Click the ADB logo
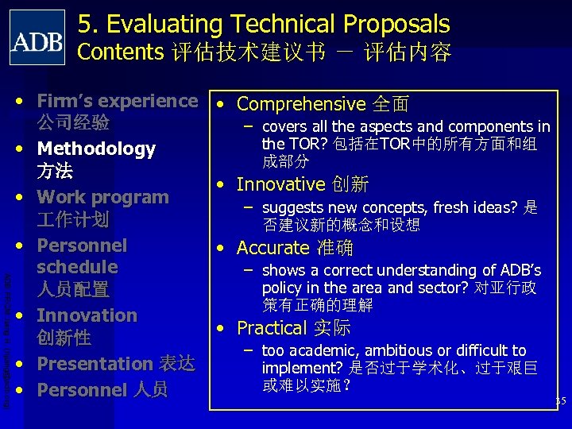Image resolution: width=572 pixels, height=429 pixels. click(x=37, y=37)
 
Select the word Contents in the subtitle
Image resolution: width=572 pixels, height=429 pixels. click(x=120, y=52)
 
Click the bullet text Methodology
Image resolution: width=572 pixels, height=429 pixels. click(x=96, y=149)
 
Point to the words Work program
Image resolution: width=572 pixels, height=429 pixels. click(x=103, y=197)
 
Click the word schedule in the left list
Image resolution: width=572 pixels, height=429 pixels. click(x=77, y=267)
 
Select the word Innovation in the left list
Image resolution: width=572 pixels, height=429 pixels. click(x=87, y=315)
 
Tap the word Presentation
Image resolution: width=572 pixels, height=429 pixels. click(x=95, y=364)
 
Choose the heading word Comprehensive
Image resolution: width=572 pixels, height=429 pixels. click(x=300, y=104)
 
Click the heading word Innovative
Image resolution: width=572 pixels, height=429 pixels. click(x=281, y=184)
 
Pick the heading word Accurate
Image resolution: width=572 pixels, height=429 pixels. click(x=272, y=248)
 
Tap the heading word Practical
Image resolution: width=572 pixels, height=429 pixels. click(x=272, y=328)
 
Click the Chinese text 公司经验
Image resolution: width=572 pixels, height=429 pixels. click(x=73, y=124)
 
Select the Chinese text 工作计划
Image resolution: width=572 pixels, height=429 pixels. click(x=73, y=219)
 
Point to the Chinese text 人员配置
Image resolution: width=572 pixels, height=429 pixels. click(x=73, y=289)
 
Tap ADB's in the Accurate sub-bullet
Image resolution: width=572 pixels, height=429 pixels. click(x=520, y=271)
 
